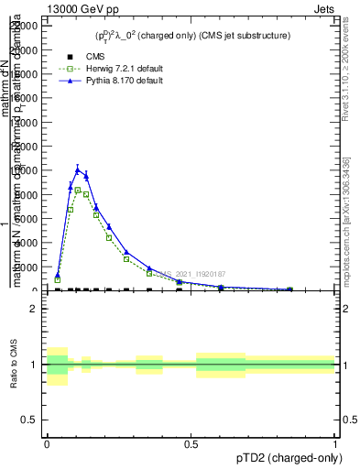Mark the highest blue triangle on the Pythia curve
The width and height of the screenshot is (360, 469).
[78, 169]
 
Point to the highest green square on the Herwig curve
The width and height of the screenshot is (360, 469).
[78, 190]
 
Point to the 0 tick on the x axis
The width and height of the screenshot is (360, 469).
[47, 443]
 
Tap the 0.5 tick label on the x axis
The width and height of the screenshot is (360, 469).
[191, 443]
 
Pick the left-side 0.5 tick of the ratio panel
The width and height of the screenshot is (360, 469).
[30, 420]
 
